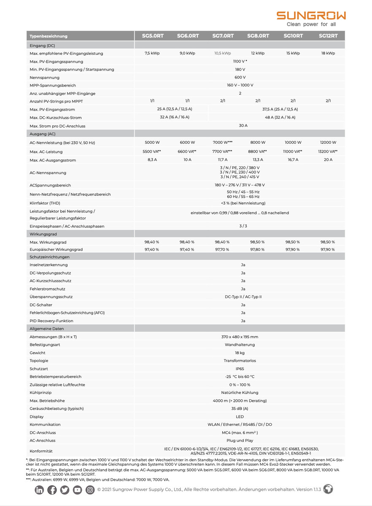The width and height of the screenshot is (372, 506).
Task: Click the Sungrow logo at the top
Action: pyautogui.click(x=311, y=16)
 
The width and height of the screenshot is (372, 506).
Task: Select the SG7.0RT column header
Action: pyautogui.click(x=223, y=36)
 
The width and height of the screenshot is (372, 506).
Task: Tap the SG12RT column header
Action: pyautogui.click(x=328, y=36)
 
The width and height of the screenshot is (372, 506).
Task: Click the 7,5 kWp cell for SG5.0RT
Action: pyautogui.click(x=152, y=54)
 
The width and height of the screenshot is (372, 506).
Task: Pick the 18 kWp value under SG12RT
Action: pyautogui.click(x=328, y=54)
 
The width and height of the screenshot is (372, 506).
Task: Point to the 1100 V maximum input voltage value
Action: pyautogui.click(x=240, y=62)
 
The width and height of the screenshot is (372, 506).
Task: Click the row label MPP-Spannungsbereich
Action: pyautogui.click(x=53, y=86)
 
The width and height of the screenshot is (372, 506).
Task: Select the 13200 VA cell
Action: pyautogui.click(x=328, y=151)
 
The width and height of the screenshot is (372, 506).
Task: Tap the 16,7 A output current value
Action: pyautogui.click(x=293, y=160)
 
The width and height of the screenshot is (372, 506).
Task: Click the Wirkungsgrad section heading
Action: pyautogui.click(x=43, y=234)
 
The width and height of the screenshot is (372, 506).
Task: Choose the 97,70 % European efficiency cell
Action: pyautogui.click(x=222, y=250)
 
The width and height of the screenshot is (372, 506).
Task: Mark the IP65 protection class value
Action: pyautogui.click(x=240, y=369)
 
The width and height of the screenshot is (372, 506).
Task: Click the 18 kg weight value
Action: pyautogui.click(x=240, y=353)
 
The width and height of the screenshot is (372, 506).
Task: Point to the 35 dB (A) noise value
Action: pyautogui.click(x=240, y=409)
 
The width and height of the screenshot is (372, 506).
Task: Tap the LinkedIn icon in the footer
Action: pyautogui.click(x=40, y=490)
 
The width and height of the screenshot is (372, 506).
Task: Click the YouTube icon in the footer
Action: pyautogui.click(x=78, y=490)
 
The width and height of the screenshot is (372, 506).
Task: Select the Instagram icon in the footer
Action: pyautogui.click(x=90, y=490)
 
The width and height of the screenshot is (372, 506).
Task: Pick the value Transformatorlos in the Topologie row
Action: pyautogui.click(x=240, y=361)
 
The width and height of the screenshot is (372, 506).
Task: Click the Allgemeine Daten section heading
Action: pyautogui.click(x=46, y=328)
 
